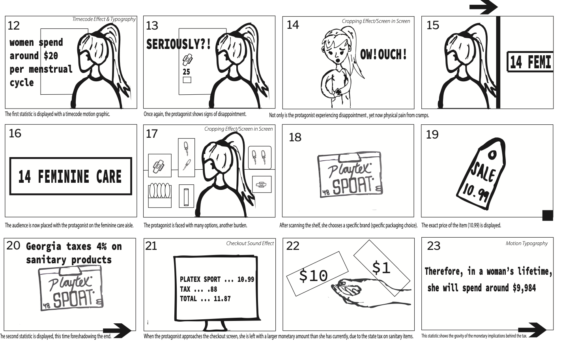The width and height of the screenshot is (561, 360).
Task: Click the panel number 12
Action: pos(13,26)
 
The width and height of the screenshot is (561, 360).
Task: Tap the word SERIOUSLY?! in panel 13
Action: pos(178,44)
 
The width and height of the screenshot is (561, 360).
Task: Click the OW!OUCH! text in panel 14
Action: pos(383,54)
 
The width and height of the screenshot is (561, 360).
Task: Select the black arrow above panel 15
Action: pos(484,7)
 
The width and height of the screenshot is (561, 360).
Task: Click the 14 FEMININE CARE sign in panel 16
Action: pos(71,176)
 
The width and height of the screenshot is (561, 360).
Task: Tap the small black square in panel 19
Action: pos(548,215)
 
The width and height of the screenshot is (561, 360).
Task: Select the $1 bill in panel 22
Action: pos(381,268)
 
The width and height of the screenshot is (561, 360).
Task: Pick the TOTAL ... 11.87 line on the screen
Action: pos(205,299)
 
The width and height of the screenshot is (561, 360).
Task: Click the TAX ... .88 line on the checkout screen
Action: pos(198,289)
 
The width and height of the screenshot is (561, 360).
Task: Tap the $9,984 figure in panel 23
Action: pos(524,288)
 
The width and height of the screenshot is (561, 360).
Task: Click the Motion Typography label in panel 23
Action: pos(526,244)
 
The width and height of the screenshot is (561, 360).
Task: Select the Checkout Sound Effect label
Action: pos(250,244)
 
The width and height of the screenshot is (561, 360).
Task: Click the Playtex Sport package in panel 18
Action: pos(350,175)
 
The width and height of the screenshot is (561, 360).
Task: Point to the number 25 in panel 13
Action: pos(186,72)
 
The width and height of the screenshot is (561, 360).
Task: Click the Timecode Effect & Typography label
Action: pos(104,19)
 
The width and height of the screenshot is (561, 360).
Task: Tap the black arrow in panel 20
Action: pos(117,331)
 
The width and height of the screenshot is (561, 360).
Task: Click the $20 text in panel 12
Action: pos(51,56)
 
